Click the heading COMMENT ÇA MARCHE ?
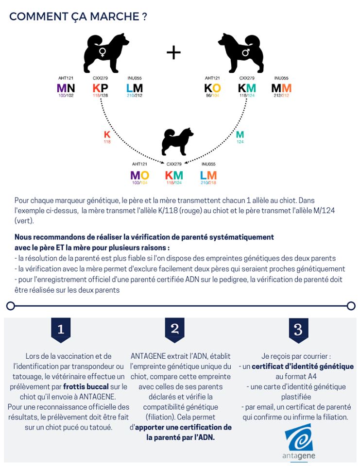(78, 17)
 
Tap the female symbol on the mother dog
(103, 50)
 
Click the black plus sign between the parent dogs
(173, 53)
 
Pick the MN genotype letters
(66, 88)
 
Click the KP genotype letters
(101, 88)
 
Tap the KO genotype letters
(212, 88)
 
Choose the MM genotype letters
(281, 88)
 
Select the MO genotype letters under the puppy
(139, 175)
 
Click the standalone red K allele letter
(107, 134)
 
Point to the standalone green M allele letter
(240, 134)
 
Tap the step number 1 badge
(61, 330)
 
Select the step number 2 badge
(174, 329)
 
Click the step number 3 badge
(298, 330)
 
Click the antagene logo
(298, 442)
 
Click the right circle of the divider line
(351, 306)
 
